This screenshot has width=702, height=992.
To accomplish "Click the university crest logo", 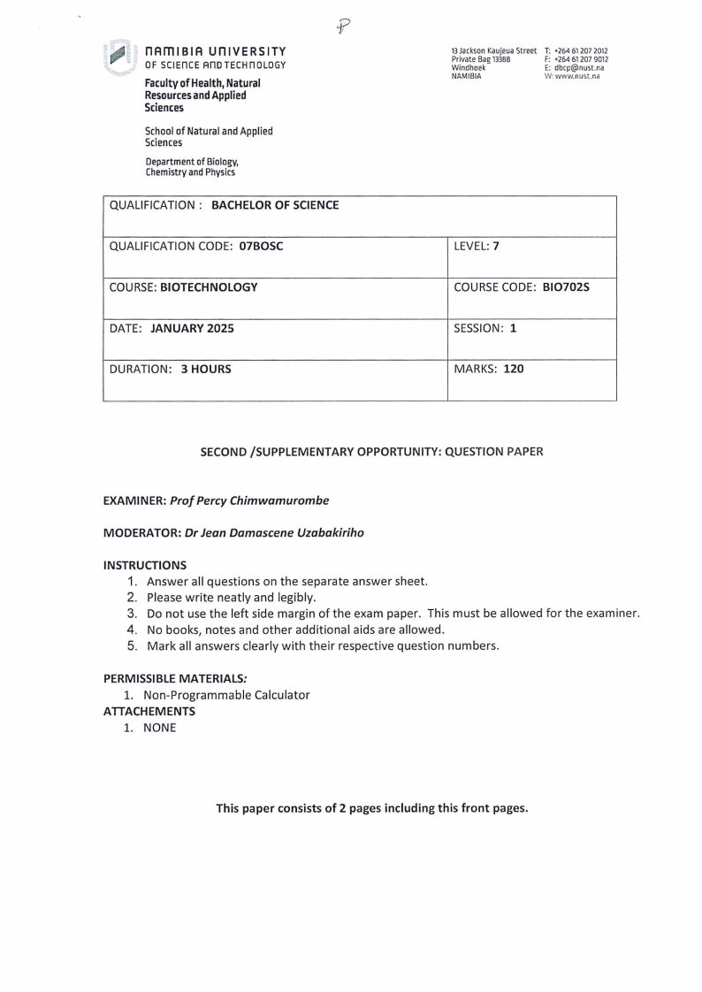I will (x=117, y=59).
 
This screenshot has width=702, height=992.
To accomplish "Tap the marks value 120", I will (x=514, y=369).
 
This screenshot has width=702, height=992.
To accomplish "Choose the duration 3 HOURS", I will (x=206, y=369).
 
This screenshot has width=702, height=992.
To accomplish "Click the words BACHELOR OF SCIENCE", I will (x=275, y=206).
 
